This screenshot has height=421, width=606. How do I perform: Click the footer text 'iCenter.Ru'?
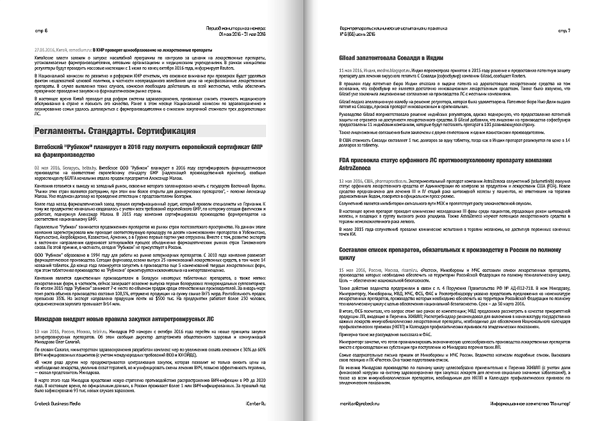(250, 403)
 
